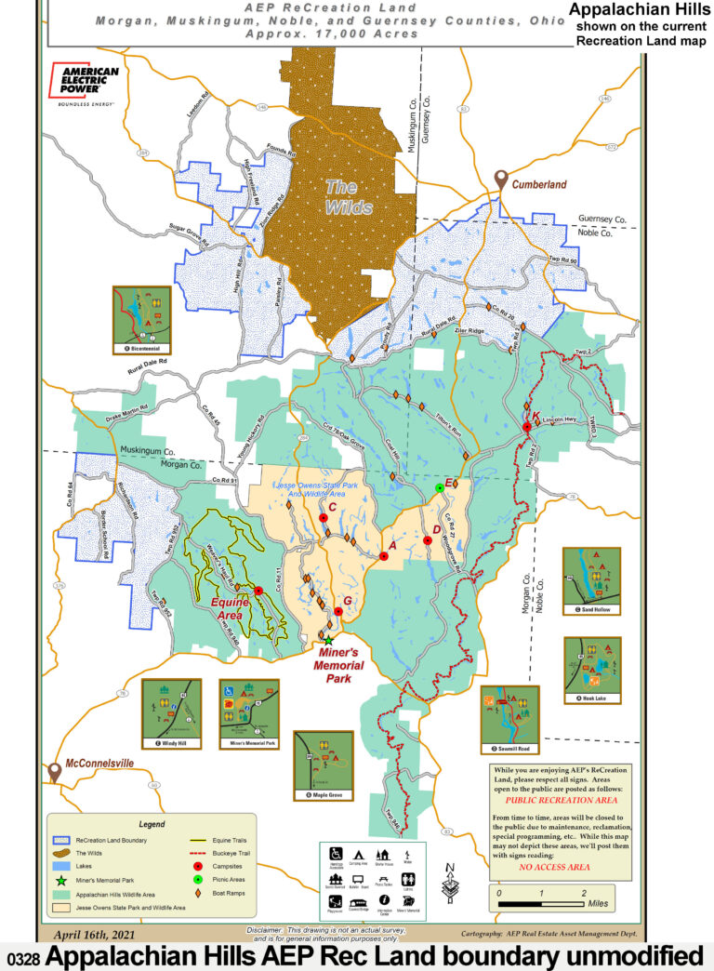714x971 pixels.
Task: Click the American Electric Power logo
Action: click(85, 86)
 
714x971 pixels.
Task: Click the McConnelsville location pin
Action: click(55, 771)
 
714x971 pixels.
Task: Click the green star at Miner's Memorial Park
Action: click(327, 640)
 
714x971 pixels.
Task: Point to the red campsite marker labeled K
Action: click(526, 426)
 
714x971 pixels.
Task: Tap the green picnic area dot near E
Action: click(440, 487)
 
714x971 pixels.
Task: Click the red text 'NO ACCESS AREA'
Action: click(554, 867)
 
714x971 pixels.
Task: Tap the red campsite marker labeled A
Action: click(383, 556)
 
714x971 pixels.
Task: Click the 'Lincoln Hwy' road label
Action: click(560, 420)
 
